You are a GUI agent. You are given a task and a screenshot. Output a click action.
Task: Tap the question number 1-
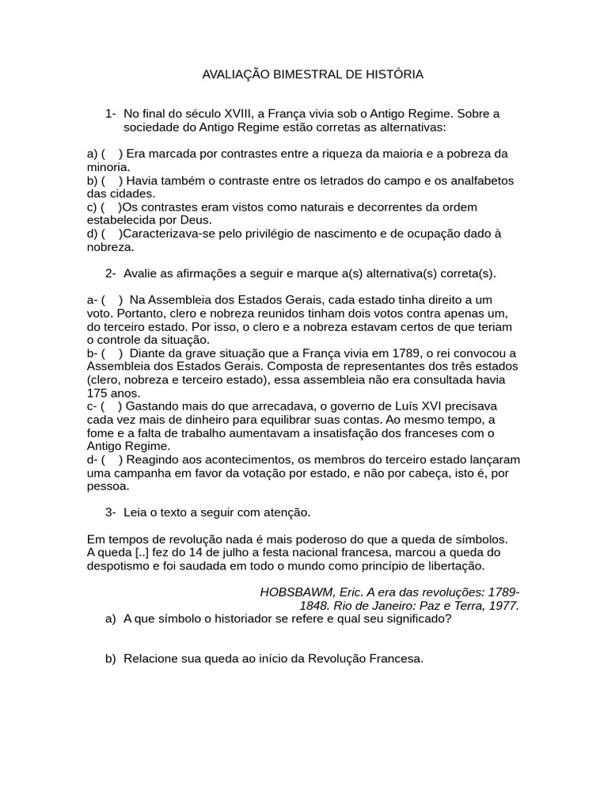click(111, 113)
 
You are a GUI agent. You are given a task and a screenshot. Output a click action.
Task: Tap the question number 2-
click(111, 273)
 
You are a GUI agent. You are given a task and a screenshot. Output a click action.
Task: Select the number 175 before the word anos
click(97, 393)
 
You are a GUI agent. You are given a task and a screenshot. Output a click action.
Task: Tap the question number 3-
click(111, 512)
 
